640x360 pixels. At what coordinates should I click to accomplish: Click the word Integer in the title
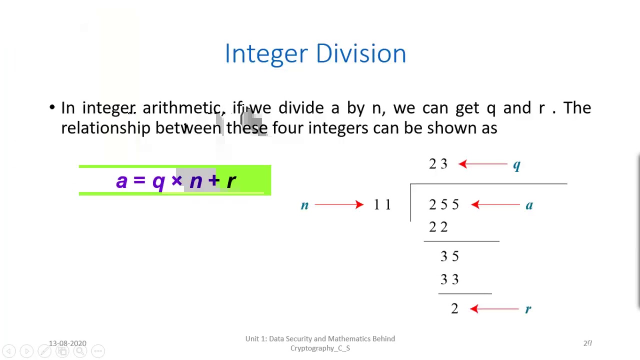(266, 53)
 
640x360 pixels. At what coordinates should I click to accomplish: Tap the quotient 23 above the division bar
(438, 164)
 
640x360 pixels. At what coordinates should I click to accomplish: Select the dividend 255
(443, 204)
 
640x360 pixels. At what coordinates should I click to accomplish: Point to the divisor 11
(382, 204)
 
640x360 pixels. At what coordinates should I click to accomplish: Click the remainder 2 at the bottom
(454, 309)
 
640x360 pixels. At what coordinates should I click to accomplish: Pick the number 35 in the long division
(449, 256)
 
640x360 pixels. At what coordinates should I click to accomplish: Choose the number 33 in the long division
(449, 279)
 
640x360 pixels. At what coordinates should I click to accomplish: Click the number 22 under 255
(438, 227)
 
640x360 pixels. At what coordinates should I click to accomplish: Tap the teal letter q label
(516, 165)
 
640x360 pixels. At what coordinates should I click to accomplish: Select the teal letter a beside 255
(529, 204)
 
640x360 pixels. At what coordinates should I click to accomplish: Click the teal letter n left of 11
(304, 205)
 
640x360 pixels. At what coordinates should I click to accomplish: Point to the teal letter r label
(528, 309)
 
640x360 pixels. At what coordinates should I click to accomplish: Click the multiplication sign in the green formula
(176, 180)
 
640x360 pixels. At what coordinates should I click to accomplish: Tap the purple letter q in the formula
(158, 181)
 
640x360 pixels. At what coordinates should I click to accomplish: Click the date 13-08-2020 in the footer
(67, 343)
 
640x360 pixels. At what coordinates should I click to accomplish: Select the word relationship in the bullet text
(105, 128)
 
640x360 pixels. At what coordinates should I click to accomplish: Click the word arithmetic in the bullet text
(181, 108)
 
